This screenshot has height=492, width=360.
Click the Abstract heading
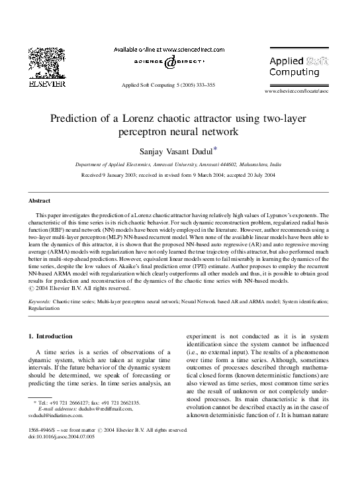click(41, 200)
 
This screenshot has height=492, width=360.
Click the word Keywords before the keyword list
click(40, 301)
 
